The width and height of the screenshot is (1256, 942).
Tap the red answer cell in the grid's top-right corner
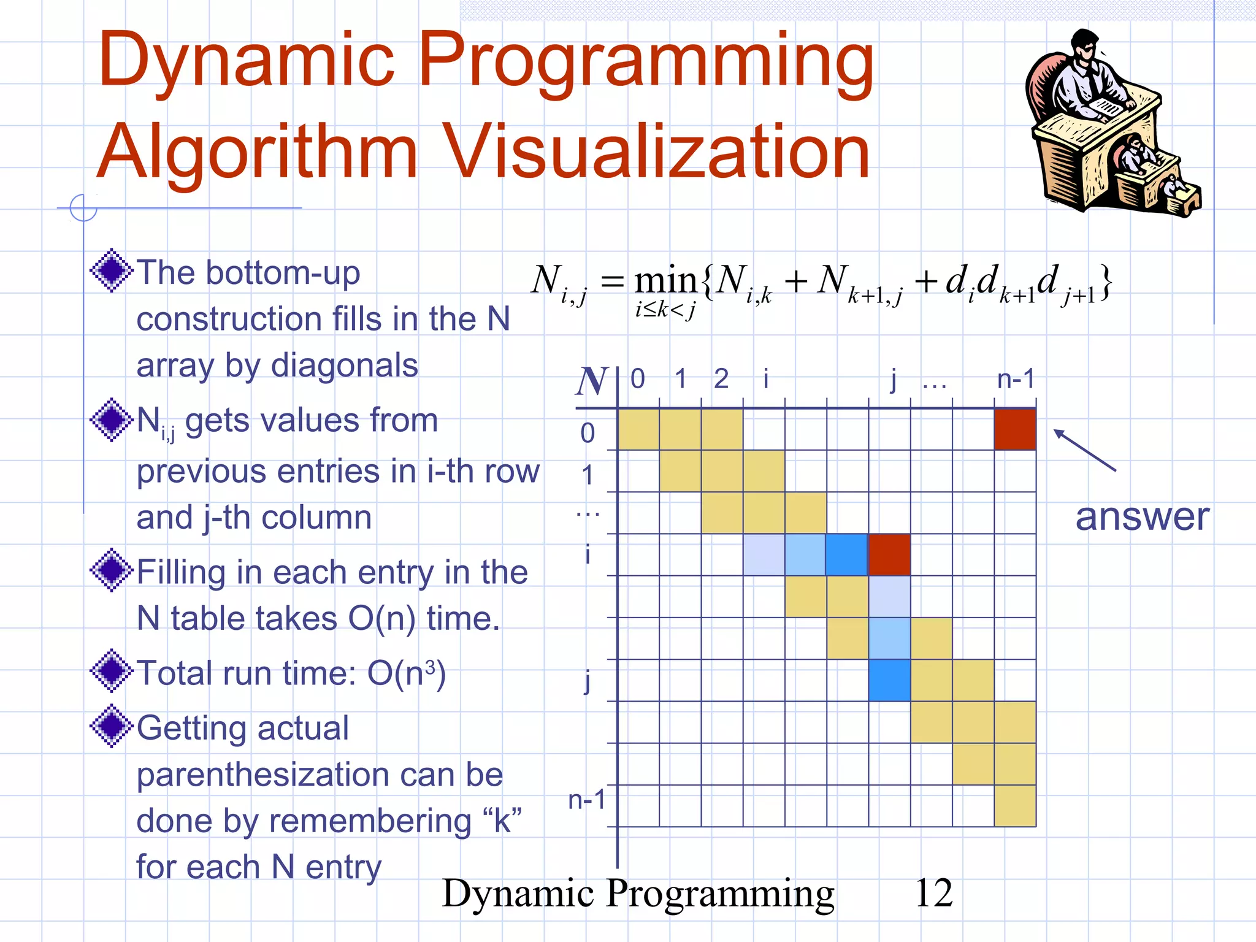coord(1015,430)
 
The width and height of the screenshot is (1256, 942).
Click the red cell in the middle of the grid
coord(889,554)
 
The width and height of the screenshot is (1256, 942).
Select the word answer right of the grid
coord(1142,517)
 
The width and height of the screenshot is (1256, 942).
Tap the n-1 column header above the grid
coord(1016,379)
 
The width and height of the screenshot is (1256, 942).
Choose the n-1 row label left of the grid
coord(587,800)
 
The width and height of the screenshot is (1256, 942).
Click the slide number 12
coord(933,893)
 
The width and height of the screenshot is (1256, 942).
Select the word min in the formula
coord(665,281)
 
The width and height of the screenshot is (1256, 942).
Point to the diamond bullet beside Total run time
coord(111,671)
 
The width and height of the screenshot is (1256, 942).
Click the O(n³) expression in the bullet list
coord(406,673)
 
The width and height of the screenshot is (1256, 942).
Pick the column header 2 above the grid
coord(721,379)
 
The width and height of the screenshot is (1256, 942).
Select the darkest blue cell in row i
coord(847,554)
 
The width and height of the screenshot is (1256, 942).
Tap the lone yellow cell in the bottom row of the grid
coord(1015,806)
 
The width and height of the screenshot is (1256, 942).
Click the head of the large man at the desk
coord(1086,47)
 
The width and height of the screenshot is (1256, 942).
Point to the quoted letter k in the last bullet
coord(502,821)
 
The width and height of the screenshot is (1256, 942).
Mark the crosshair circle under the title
coord(83,208)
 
